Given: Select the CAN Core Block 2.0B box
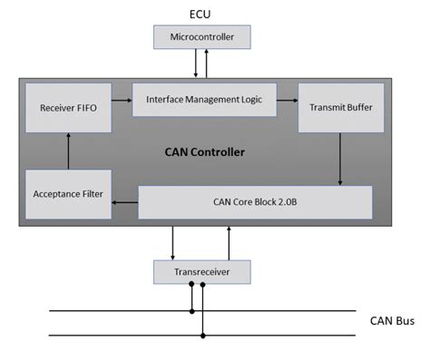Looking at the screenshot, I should (255, 202).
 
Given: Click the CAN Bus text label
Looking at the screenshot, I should (392, 320).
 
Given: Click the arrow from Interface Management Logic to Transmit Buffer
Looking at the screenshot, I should (287, 100).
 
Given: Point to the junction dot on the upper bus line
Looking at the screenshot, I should (191, 310).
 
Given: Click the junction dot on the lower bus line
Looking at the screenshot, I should (202, 336).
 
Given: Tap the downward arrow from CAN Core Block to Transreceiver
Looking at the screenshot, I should (172, 240).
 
